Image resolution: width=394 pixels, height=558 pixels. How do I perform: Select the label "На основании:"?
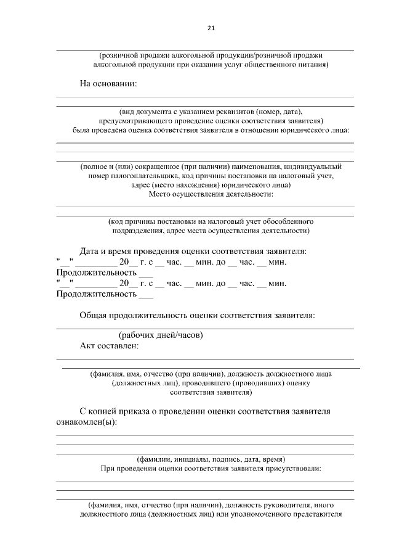(108, 83)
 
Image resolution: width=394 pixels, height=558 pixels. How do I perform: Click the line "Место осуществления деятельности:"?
(211, 194)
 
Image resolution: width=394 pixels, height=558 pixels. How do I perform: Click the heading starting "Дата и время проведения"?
(193, 251)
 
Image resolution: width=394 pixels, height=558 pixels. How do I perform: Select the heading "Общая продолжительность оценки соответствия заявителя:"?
(198, 316)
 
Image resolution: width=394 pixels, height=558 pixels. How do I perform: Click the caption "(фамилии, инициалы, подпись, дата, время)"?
(211, 459)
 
